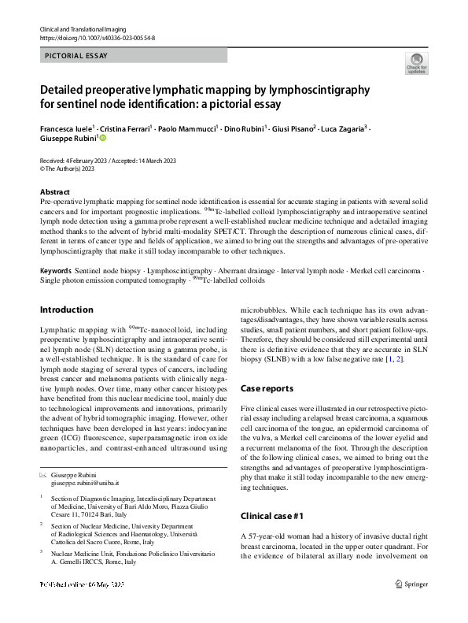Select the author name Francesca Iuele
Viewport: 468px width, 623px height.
tap(66, 128)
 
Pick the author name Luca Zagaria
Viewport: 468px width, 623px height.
tap(343, 128)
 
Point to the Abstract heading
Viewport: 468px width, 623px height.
tap(56, 192)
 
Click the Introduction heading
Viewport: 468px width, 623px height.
tap(67, 310)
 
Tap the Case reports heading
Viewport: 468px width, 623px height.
tap(266, 388)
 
